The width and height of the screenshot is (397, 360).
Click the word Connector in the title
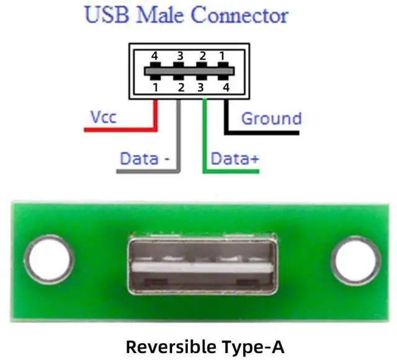[239, 15]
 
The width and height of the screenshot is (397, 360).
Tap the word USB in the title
[106, 15]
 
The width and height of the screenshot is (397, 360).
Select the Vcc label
[103, 117]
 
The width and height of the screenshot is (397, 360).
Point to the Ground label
[271, 118]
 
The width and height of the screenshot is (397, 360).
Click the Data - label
[145, 159]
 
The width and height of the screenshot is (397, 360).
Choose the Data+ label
[234, 159]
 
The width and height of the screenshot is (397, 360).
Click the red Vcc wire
[124, 130]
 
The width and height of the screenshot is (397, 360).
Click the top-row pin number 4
[156, 56]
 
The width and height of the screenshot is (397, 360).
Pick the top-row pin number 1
[221, 56]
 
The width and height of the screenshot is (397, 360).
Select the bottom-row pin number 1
[156, 88]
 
